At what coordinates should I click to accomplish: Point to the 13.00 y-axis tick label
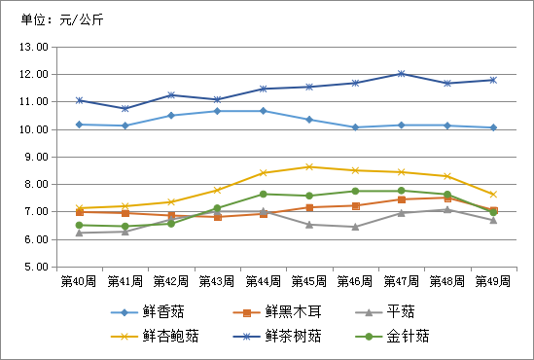tap(33, 47)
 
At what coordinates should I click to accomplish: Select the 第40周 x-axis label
tap(79, 281)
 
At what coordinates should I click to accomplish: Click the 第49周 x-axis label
tap(492, 281)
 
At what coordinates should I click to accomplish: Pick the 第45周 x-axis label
tap(308, 281)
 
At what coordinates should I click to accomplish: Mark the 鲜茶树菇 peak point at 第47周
tap(401, 74)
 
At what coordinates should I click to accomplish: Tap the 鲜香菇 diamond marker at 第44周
tap(263, 111)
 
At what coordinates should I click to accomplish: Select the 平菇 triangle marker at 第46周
tap(355, 227)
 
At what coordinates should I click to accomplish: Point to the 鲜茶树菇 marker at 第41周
tap(125, 108)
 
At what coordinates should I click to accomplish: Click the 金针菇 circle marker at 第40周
tap(79, 225)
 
